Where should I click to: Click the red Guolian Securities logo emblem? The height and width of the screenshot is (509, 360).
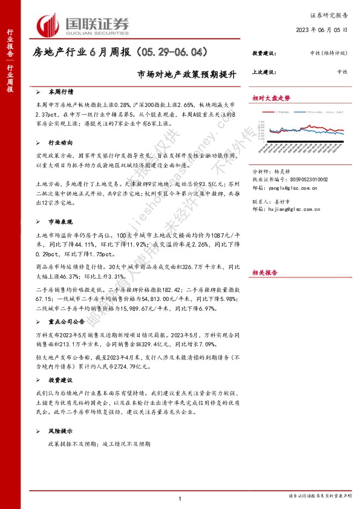coord(48,25)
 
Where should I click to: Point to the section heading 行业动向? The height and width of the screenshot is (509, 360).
coord(63,143)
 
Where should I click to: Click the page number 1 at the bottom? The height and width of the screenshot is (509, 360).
coord(180,498)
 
